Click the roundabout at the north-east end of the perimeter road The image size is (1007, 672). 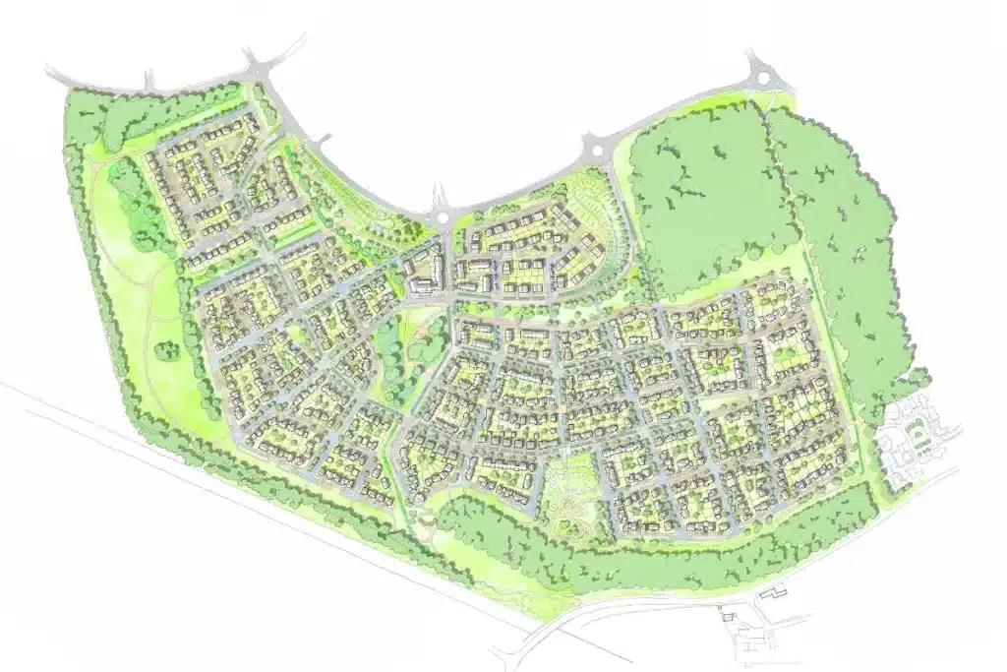760,71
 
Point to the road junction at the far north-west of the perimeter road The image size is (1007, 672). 258,70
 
